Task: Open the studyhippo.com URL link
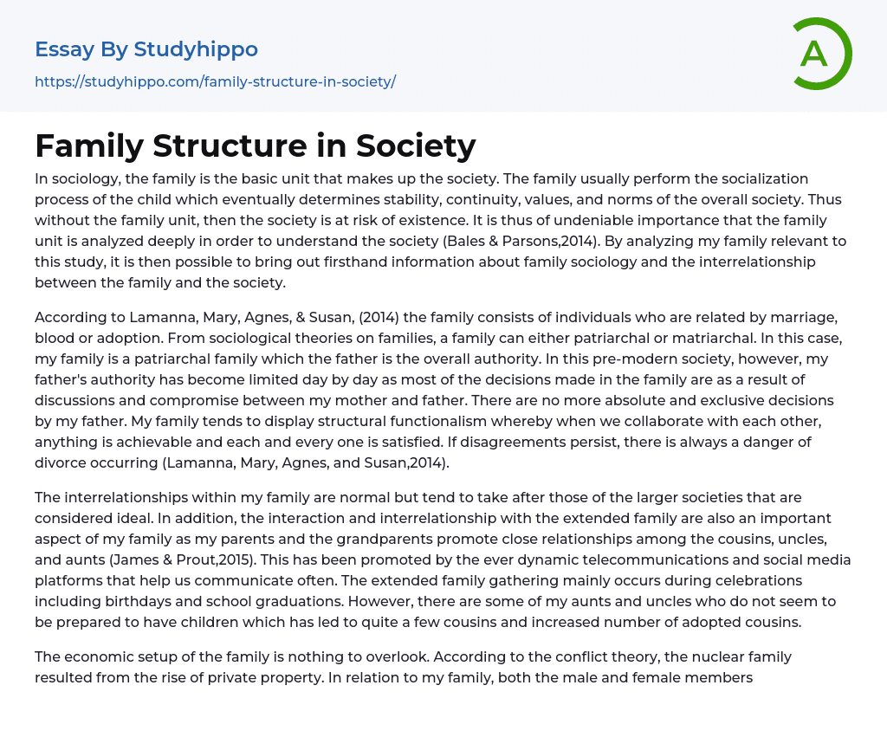[215, 81]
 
